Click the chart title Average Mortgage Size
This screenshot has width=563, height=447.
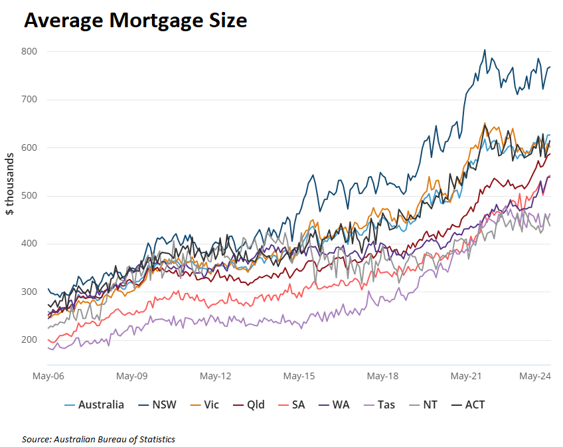135,21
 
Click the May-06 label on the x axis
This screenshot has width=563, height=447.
48,376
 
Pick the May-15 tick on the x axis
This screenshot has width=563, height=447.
299,376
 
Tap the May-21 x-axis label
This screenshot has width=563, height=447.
466,376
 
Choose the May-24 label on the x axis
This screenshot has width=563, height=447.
535,376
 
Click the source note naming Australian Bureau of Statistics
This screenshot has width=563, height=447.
98,439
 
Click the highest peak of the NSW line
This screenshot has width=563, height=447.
485,50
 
